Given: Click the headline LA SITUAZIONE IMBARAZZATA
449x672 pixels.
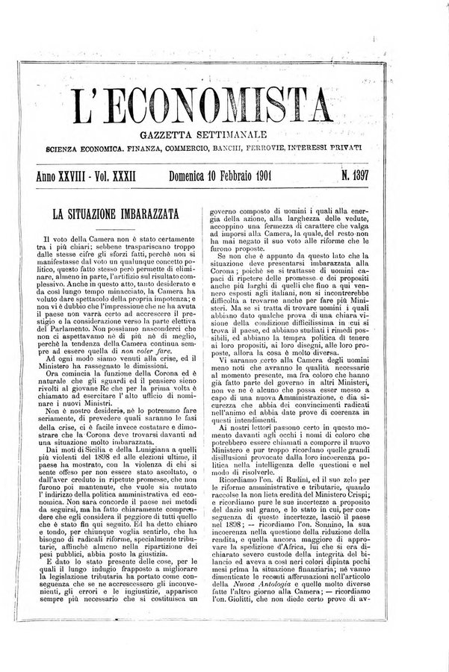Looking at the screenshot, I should (115, 214).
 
